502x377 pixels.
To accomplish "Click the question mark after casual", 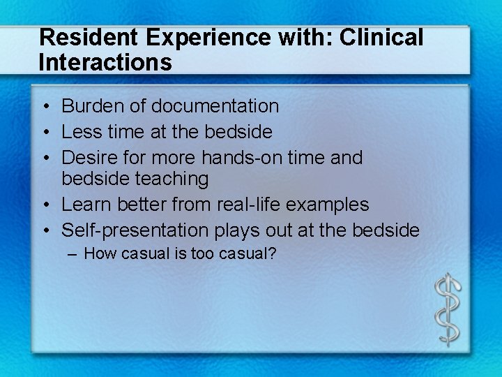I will pyautogui.click(x=273, y=253).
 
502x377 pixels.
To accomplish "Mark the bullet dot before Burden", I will pyautogui.click(x=44, y=107).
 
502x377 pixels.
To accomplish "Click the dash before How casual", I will pyautogui.click(x=73, y=253).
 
